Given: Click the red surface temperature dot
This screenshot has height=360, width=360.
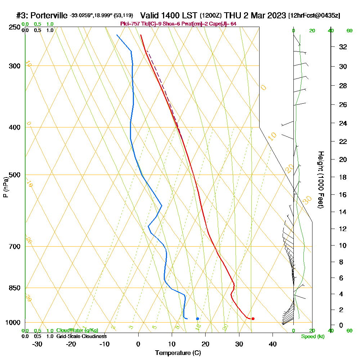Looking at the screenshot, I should coord(253,319).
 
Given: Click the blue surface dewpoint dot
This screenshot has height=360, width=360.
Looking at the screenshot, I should coord(198,319).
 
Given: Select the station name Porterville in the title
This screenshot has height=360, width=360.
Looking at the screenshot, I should coord(49,15).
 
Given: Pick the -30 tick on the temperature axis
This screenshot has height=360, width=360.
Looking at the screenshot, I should coord(37,344).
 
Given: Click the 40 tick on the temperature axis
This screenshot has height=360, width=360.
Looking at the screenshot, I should coord(273,344).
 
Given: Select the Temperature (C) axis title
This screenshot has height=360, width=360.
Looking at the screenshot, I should coord(178,353).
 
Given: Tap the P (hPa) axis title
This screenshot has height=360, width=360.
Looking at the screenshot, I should coord(5,187).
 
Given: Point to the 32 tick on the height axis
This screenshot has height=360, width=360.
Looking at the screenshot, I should coord(343,47).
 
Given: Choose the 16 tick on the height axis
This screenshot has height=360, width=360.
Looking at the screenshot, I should coord(343,195).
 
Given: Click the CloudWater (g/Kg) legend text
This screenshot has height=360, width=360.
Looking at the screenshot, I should coord(77,330).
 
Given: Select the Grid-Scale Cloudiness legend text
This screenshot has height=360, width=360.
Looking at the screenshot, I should coord(81,336).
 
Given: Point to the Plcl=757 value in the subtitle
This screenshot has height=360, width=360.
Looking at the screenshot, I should coord(129,24).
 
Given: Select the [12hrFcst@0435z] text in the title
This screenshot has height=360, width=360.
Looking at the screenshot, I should coord(314,16).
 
